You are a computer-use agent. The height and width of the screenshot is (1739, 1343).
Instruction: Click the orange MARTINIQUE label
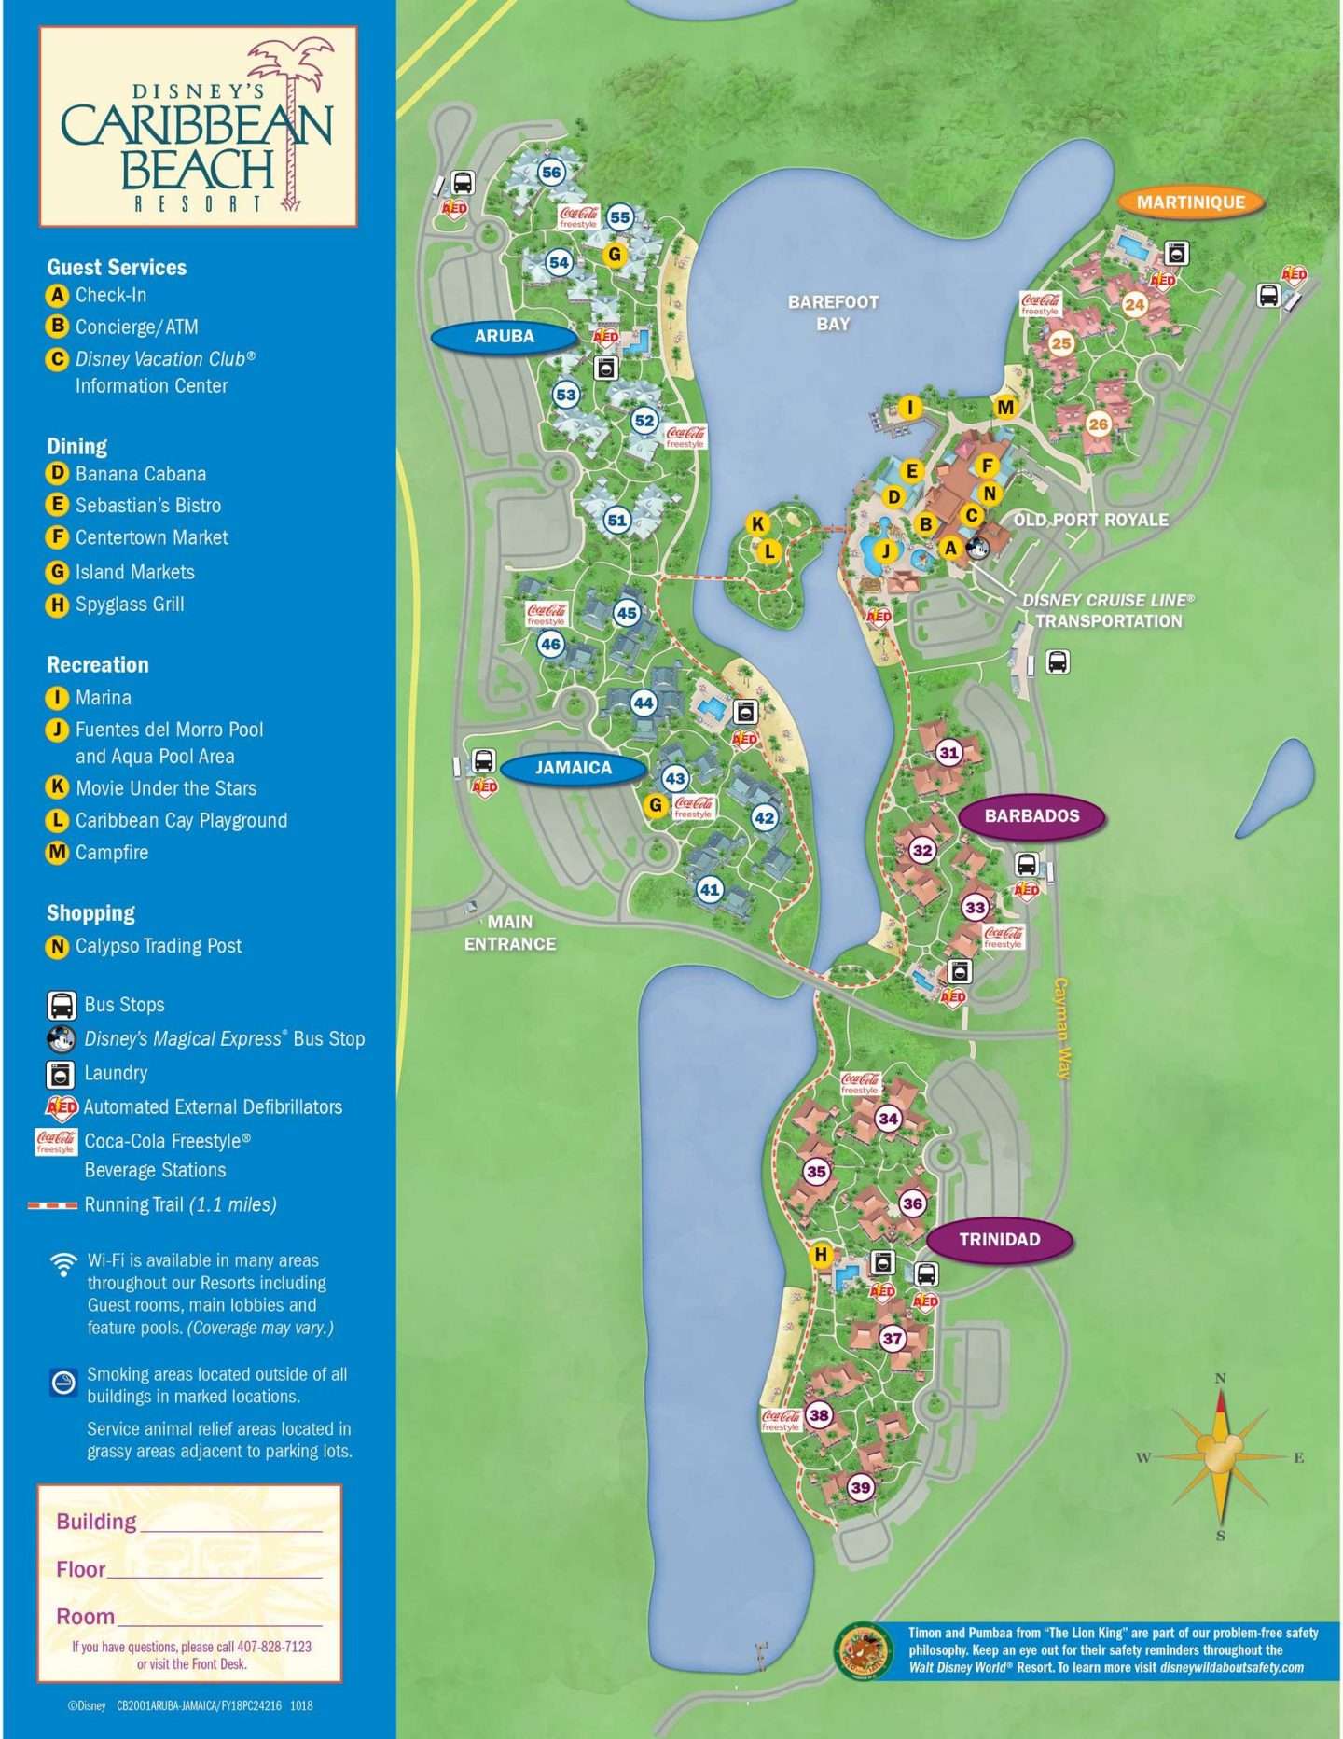[x=1190, y=202]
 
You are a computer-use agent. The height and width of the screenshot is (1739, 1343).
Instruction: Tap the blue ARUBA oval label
[x=504, y=336]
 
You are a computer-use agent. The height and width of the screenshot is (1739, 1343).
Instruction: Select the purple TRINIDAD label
[x=999, y=1239]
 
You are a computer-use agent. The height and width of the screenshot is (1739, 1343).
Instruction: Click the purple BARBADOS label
[x=1031, y=815]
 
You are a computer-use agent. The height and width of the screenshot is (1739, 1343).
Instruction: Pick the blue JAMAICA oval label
[x=573, y=767]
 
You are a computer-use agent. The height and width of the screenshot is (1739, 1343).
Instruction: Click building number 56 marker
[x=551, y=172]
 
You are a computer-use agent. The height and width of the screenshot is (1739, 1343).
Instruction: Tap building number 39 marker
[x=860, y=1487]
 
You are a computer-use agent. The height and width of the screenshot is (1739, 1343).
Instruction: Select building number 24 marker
[x=1134, y=304]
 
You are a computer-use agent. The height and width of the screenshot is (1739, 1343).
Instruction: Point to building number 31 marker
[x=948, y=752]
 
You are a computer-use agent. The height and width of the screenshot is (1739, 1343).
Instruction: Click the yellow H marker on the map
[x=821, y=1254]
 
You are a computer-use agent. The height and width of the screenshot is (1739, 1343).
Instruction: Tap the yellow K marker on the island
[x=757, y=523]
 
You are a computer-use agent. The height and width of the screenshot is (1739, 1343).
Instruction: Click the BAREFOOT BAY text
[x=833, y=313]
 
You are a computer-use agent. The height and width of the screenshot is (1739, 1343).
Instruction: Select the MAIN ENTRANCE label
[x=510, y=932]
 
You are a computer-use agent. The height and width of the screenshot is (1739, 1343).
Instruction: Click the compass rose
[x=1220, y=1455]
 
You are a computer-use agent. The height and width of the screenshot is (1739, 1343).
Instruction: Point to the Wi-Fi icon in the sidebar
[x=63, y=1264]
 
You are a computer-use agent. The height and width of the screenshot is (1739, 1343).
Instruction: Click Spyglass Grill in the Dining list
[x=130, y=605]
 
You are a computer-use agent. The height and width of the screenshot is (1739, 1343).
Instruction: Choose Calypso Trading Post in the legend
[x=158, y=946]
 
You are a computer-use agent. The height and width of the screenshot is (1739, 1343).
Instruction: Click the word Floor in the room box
[x=81, y=1569]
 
